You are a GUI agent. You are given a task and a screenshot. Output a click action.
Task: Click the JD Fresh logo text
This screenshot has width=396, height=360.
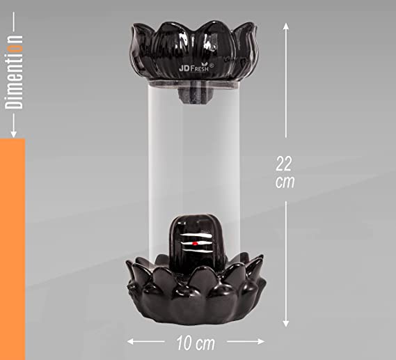click(194, 68)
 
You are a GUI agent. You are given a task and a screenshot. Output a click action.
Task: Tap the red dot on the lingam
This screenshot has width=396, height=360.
click(195, 244)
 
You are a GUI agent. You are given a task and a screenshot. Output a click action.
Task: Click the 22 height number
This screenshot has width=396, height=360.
click(284, 164)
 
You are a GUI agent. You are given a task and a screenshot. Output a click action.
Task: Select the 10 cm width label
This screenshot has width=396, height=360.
click(196, 343)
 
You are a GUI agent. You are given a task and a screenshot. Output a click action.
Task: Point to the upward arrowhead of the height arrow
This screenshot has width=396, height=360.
click(285, 26)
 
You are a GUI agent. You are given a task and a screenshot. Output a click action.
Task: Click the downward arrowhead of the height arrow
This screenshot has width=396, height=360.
click(285, 324)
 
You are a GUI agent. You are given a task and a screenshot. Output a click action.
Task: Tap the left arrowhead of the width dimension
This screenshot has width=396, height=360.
click(130, 342)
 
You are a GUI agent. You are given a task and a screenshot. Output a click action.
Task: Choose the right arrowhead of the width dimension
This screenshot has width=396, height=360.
click(261, 342)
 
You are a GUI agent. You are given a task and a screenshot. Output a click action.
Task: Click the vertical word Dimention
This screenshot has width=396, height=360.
click(14, 72)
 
